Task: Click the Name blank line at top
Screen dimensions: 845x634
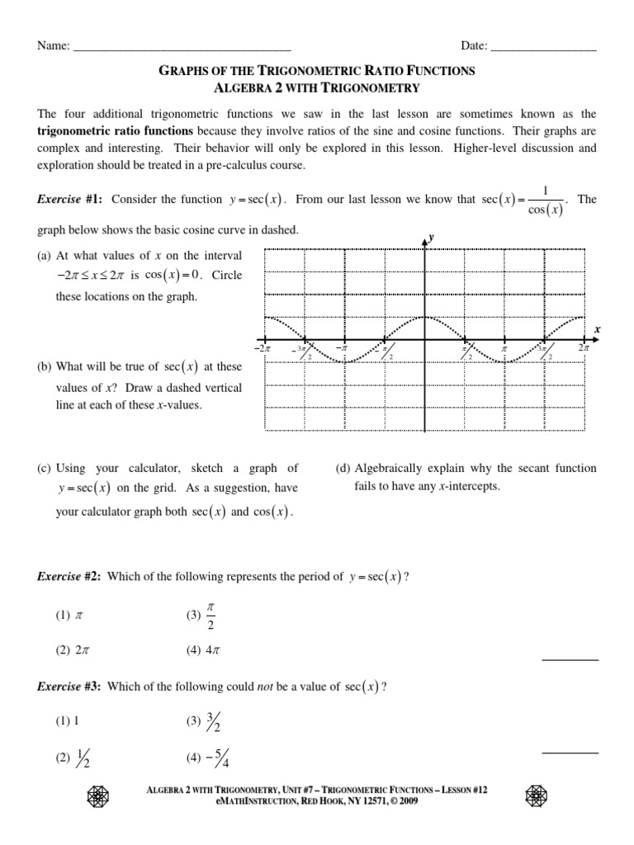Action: (x=182, y=47)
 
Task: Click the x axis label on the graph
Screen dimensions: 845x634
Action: (x=597, y=328)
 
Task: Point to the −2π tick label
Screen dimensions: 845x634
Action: (x=264, y=349)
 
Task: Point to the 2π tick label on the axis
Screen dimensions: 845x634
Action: (x=584, y=349)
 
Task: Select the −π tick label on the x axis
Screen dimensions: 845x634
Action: (x=343, y=349)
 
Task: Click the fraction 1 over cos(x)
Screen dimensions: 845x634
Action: (x=545, y=200)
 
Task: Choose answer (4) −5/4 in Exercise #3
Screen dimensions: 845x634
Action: (x=206, y=760)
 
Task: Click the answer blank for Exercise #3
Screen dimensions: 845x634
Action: (x=570, y=753)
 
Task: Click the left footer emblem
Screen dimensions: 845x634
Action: (x=97, y=796)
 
